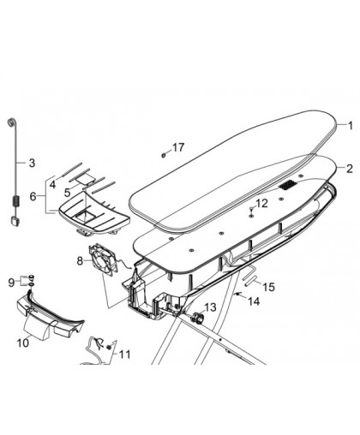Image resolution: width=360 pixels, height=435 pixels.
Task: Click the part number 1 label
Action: click(351, 126)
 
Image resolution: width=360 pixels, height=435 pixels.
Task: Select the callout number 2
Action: click(350, 169)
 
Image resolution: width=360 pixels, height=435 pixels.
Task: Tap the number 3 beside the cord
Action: click(32, 163)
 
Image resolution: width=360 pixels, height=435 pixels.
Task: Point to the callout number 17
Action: click(178, 147)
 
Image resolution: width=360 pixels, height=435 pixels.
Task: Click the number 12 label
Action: click(261, 204)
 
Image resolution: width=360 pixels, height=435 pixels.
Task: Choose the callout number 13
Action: click(210, 307)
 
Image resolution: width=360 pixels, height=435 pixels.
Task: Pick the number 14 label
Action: click(254, 301)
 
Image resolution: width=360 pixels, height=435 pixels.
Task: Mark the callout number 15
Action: click(268, 287)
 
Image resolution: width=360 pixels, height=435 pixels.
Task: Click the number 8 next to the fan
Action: click(80, 260)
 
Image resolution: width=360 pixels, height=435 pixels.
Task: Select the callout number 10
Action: click(23, 343)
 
